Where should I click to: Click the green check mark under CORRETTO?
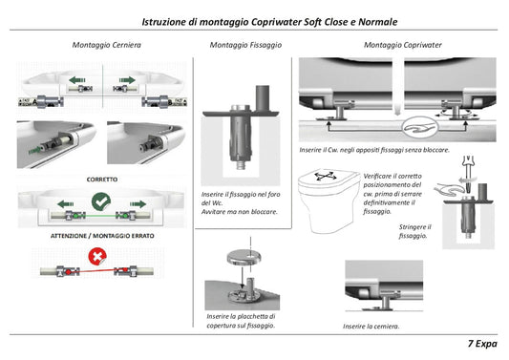101,201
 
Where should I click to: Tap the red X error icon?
97,257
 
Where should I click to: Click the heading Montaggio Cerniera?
106,45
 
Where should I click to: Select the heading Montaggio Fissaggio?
245,45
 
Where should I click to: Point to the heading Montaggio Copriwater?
403,45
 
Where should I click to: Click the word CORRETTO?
102,180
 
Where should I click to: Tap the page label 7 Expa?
482,344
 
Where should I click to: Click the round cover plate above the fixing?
244,258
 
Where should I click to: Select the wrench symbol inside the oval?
421,128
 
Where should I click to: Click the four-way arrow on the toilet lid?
326,177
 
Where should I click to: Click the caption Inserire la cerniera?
371,327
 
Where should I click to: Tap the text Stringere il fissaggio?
414,231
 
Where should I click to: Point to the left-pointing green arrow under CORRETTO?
65,204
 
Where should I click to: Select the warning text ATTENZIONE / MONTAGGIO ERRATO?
102,236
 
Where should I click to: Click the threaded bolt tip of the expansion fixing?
241,164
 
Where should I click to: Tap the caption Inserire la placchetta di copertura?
241,321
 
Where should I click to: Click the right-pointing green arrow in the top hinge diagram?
127,80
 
